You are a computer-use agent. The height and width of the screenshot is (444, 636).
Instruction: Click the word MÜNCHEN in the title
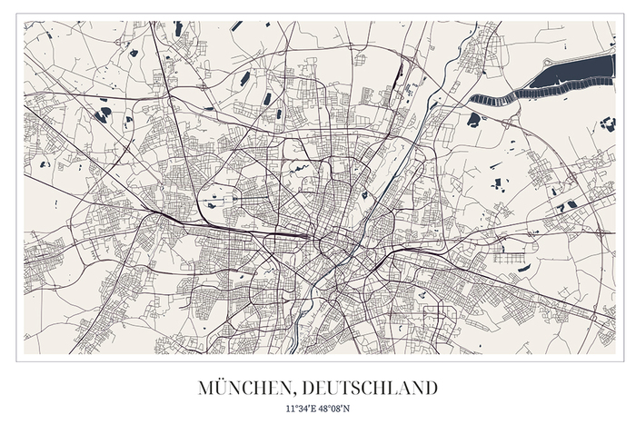(239, 389)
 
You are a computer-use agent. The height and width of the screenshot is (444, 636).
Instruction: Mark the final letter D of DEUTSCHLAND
(430, 389)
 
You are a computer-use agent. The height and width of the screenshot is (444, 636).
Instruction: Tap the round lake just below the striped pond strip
(473, 119)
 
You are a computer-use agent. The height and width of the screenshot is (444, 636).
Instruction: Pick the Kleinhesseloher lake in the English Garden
(364, 193)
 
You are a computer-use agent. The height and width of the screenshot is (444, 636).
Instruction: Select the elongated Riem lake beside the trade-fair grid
(524, 268)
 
